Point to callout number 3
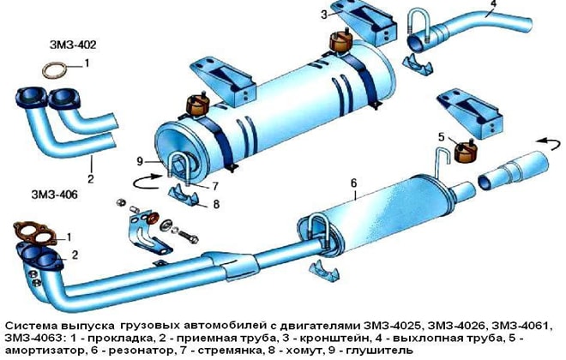coord(324,15)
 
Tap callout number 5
coord(441,136)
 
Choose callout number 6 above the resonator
coord(352,183)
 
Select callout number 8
coord(215,204)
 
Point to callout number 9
coord(137,161)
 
